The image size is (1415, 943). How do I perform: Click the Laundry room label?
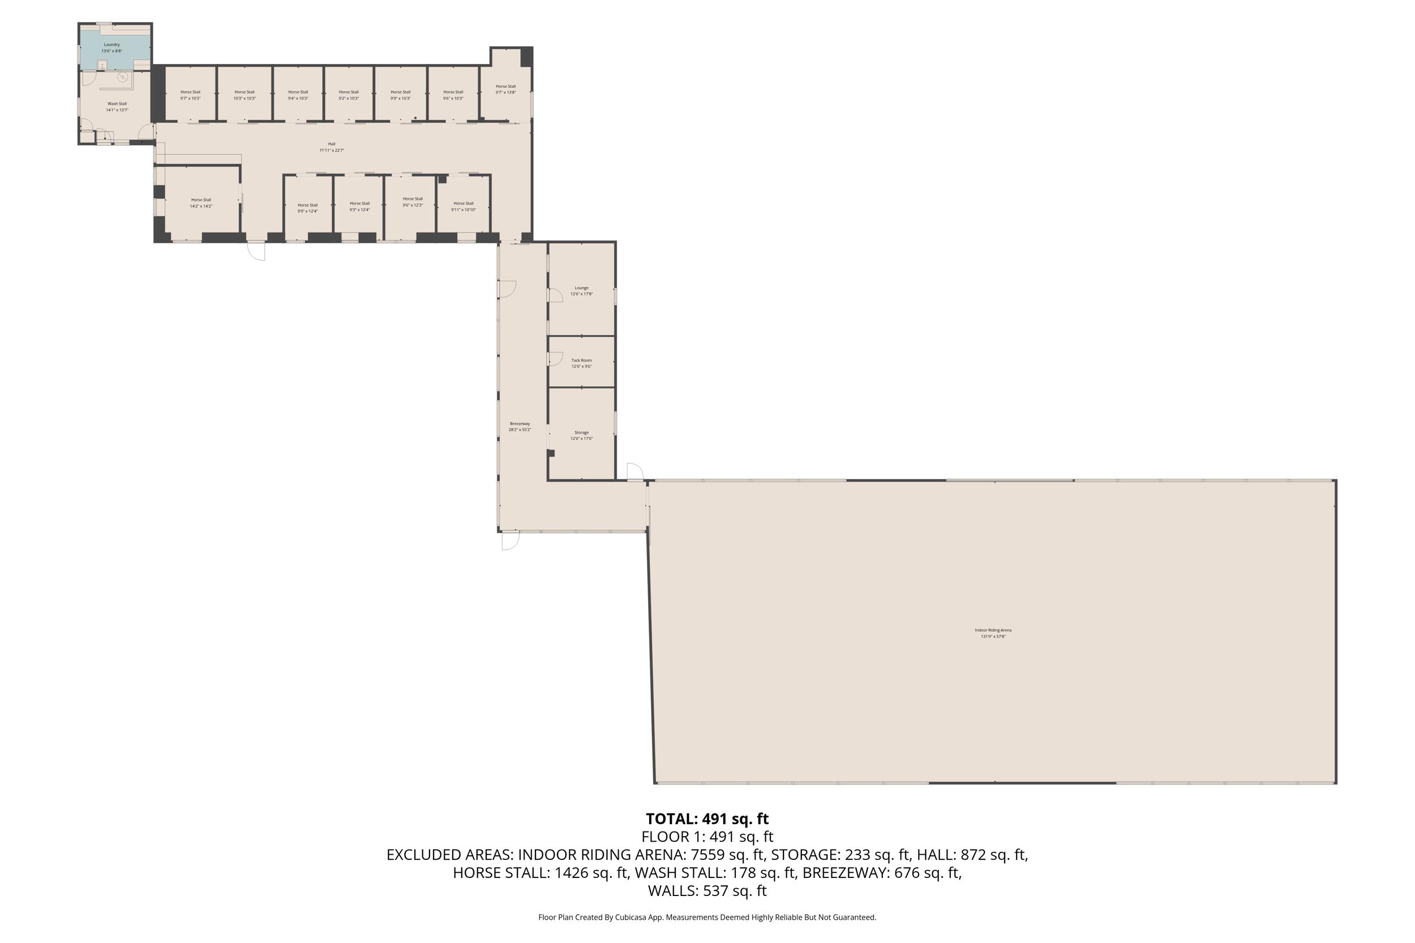tap(112, 48)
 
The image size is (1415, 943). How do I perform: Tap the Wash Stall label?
tap(117, 106)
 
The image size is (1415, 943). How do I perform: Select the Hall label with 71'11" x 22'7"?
tap(331, 147)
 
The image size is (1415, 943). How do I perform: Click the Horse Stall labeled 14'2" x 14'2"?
tap(201, 203)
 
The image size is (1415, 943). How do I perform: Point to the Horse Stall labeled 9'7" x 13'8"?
tap(506, 89)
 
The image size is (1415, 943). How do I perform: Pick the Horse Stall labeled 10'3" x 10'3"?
tap(244, 95)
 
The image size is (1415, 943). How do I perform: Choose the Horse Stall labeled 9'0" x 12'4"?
tap(307, 208)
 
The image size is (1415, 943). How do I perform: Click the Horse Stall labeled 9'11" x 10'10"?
tap(463, 206)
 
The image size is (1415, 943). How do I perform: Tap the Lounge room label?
tap(581, 290)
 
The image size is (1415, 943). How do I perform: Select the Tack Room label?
tap(581, 363)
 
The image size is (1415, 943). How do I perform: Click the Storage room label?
tap(581, 435)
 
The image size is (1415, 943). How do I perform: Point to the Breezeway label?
tap(520, 426)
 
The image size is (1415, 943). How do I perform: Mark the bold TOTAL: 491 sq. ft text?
tap(707, 818)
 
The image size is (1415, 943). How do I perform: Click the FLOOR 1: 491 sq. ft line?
tap(707, 837)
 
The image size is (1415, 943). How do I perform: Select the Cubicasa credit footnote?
tap(707, 917)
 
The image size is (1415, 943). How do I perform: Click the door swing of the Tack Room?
tap(555, 359)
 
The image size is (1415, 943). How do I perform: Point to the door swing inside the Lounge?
tap(555, 295)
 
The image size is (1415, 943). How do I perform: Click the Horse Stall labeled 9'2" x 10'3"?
tap(348, 95)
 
